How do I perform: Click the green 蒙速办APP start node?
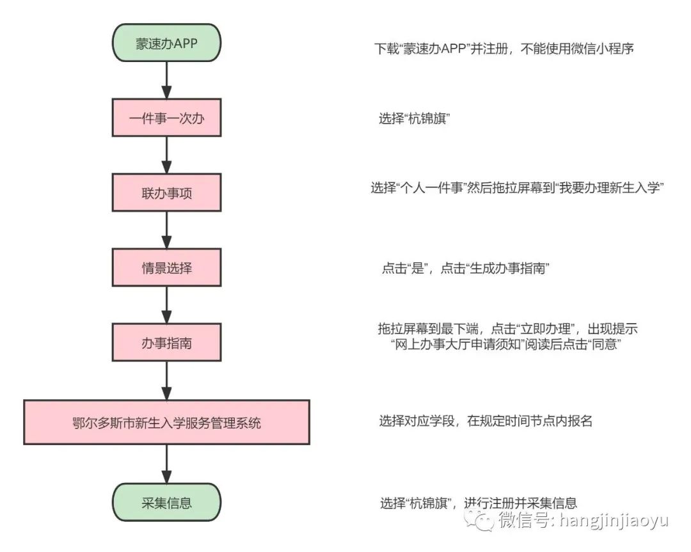point(166,43)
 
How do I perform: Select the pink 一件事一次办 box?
point(166,118)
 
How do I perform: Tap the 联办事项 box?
point(166,193)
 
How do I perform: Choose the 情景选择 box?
point(166,267)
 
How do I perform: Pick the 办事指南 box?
point(166,342)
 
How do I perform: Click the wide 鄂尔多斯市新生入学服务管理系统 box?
point(166,422)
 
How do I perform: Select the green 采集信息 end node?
point(166,502)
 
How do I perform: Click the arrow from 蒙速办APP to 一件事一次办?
point(166,80)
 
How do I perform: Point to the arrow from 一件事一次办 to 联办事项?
point(166,155)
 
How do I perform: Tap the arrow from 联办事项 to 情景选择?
point(166,230)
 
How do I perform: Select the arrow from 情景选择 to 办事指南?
point(166,305)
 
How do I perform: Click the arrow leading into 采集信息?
point(166,464)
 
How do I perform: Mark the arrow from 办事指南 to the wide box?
point(166,381)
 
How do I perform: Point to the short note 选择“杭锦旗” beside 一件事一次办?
point(414,118)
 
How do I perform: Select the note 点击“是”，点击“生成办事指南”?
point(465,268)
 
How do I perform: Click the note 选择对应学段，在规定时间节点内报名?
point(486,421)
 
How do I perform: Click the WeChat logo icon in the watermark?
point(479,520)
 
